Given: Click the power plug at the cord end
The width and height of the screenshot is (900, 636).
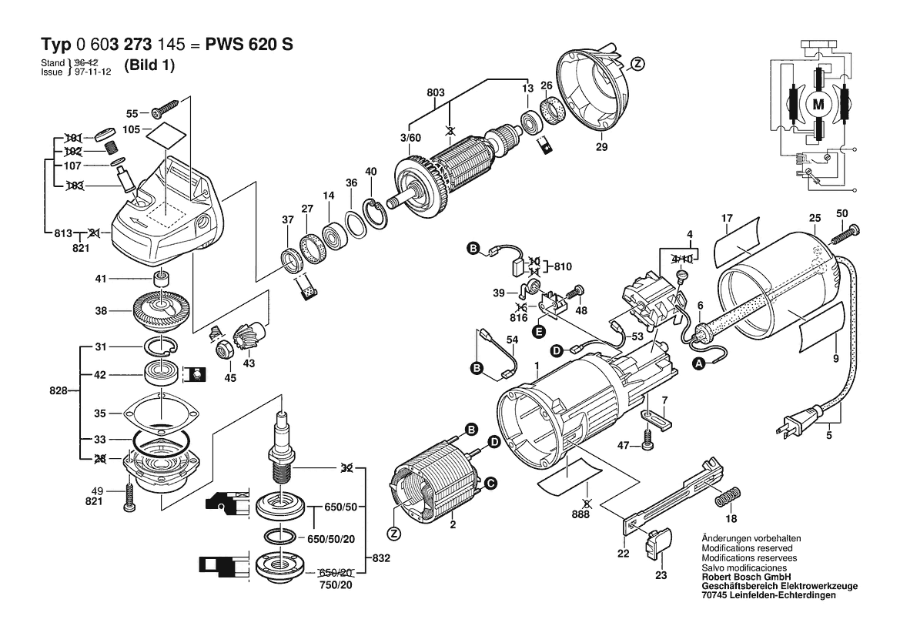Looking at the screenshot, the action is [x=797, y=422].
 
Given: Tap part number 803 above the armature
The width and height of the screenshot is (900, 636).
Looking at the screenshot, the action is [x=436, y=92].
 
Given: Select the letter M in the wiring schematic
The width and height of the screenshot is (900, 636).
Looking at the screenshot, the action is [x=818, y=105].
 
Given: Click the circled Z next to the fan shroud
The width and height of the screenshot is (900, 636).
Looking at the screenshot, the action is [x=637, y=64].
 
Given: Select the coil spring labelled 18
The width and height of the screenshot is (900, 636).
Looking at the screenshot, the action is [x=728, y=496].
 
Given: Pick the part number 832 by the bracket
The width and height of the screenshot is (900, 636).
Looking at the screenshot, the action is [x=380, y=558].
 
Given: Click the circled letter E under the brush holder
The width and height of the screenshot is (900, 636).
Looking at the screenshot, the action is [x=539, y=331].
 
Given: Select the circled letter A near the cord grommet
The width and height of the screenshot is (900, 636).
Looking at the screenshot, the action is [x=698, y=363].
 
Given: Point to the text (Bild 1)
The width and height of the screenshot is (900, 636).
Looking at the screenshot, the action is [x=149, y=65].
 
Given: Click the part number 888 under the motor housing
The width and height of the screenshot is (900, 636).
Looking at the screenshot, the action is [x=580, y=514].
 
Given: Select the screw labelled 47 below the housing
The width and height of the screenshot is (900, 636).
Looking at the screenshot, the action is [x=648, y=446].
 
